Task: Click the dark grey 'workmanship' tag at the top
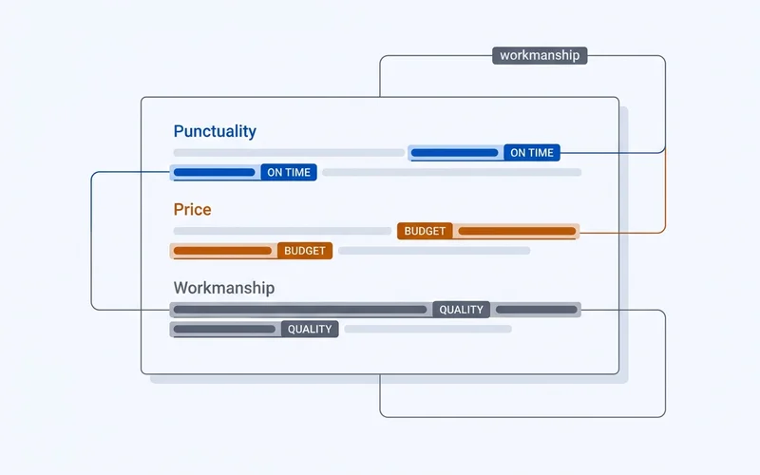click(x=540, y=55)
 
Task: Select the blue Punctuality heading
click(x=215, y=131)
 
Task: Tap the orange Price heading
click(x=193, y=209)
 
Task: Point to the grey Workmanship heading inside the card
click(x=224, y=288)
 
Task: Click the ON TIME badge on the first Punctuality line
click(x=532, y=153)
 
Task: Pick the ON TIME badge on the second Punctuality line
click(x=289, y=172)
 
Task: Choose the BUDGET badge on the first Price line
click(x=425, y=231)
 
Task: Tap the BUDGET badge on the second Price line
click(x=304, y=251)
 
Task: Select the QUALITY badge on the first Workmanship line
click(x=461, y=310)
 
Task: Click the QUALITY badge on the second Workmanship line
click(x=310, y=329)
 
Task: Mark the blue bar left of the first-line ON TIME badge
click(x=455, y=153)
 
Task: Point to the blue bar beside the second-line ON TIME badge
click(x=215, y=172)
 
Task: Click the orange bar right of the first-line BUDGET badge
click(x=517, y=231)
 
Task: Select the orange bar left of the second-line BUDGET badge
click(x=222, y=251)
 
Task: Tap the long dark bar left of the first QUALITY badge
click(x=300, y=310)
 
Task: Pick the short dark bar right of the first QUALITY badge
click(x=537, y=310)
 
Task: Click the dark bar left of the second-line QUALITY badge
click(x=224, y=329)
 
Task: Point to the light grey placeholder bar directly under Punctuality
click(x=289, y=153)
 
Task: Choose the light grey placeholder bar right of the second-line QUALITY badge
click(x=428, y=329)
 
